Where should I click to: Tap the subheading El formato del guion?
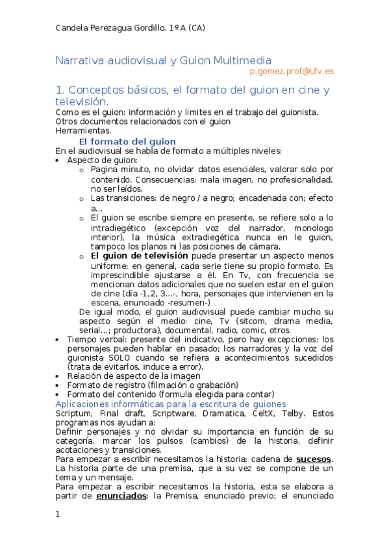[127, 142]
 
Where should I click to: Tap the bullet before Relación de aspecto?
[58, 376]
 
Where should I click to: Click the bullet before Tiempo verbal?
[58, 339]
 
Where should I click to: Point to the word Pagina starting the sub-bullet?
[106, 169]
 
